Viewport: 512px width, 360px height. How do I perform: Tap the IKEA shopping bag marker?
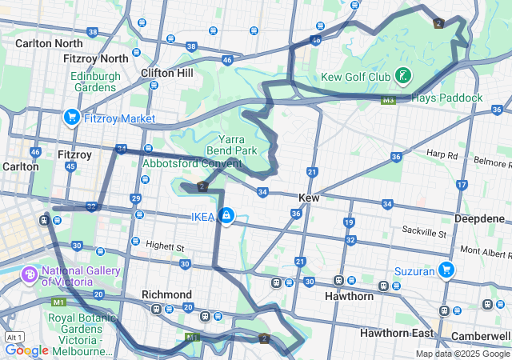(226, 216)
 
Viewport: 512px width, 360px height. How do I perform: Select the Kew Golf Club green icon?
(403, 77)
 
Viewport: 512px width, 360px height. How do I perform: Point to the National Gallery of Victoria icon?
(30, 275)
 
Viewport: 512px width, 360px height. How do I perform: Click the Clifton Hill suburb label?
(167, 72)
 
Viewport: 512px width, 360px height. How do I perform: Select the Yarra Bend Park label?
(238, 144)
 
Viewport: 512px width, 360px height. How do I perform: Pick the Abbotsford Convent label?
(191, 163)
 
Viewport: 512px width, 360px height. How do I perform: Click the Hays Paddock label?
(447, 98)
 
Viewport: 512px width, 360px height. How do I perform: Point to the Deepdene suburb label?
(480, 218)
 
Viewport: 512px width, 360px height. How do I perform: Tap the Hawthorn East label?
(396, 332)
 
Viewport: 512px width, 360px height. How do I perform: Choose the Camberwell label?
(482, 336)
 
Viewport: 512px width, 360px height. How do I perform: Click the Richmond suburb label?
(166, 294)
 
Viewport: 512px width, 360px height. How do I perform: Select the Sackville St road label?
(425, 233)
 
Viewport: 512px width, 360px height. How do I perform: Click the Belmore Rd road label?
(491, 162)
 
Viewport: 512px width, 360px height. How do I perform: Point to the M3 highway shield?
(389, 100)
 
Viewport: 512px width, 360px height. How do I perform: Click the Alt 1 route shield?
(13, 337)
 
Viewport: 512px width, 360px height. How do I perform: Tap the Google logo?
(26, 350)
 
